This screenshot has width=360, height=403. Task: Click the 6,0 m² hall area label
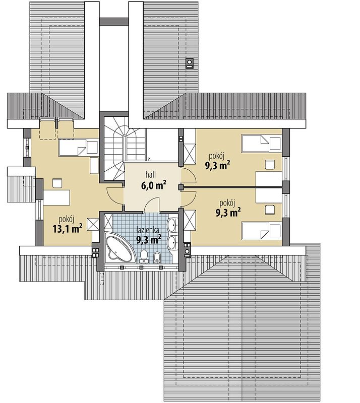(153, 185)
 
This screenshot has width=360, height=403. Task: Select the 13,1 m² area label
(68, 228)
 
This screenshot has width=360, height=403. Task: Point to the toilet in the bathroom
(144, 256)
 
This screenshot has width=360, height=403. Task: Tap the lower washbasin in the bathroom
(172, 242)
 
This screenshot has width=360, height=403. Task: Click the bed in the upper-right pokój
(261, 144)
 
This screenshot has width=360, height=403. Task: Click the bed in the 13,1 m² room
(79, 147)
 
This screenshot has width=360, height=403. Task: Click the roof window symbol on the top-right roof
(190, 63)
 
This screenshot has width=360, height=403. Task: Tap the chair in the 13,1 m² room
(57, 183)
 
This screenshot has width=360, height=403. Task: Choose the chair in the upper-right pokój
(270, 165)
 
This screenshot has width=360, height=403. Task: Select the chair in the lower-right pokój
(270, 210)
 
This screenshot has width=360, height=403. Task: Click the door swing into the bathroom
(152, 204)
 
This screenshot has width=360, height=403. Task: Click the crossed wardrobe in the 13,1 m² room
(93, 224)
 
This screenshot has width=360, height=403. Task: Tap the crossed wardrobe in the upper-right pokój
(190, 154)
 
